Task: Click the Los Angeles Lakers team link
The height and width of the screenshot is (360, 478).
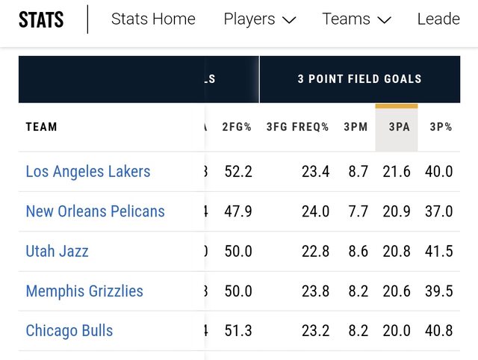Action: pyautogui.click(x=88, y=172)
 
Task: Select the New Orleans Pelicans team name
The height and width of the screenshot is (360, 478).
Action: pyautogui.click(x=95, y=211)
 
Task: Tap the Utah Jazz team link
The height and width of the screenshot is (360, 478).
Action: pyautogui.click(x=57, y=251)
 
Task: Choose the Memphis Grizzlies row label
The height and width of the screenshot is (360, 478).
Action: pyautogui.click(x=84, y=291)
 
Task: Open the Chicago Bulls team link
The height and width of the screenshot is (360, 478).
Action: pyautogui.click(x=69, y=331)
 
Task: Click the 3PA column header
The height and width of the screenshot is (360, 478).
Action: pyautogui.click(x=400, y=127)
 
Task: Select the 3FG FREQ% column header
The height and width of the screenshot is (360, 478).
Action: pyautogui.click(x=297, y=127)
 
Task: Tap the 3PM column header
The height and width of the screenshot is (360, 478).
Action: pyautogui.click(x=356, y=127)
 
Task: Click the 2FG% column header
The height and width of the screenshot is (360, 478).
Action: pyautogui.click(x=238, y=127)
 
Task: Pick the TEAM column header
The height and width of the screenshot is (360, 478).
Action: pyautogui.click(x=42, y=127)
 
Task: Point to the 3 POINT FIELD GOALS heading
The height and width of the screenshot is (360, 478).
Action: pyautogui.click(x=359, y=78)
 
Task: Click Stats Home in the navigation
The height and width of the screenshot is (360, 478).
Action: pyautogui.click(x=153, y=19)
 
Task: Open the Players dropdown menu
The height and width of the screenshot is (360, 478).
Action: pyautogui.click(x=259, y=19)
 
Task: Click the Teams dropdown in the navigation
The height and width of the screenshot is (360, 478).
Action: pyautogui.click(x=356, y=19)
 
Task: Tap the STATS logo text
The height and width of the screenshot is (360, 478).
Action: pyautogui.click(x=41, y=19)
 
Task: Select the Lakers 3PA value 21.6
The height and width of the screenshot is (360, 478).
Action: pyautogui.click(x=397, y=172)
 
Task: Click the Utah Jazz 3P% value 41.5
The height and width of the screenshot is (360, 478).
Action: pyautogui.click(x=439, y=251)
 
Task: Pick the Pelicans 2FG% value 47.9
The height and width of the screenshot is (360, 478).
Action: pyautogui.click(x=238, y=211)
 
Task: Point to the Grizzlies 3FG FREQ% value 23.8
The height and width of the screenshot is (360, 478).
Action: pyautogui.click(x=315, y=291)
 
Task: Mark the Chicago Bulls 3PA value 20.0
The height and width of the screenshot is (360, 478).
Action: pyautogui.click(x=397, y=331)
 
